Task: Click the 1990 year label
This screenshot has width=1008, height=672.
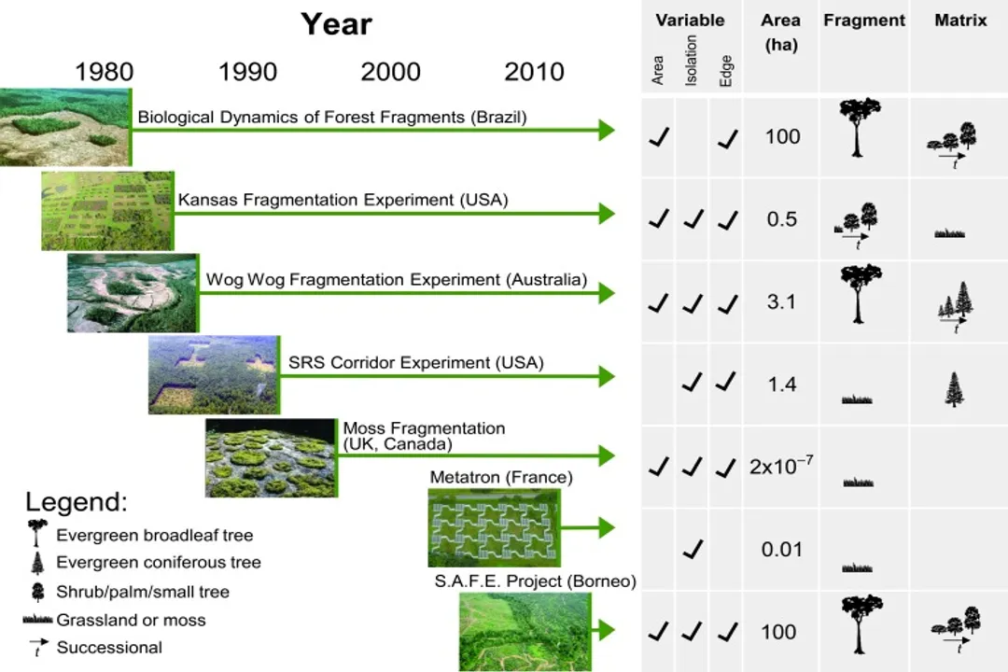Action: click(247, 72)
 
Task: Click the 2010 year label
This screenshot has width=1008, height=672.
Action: click(534, 72)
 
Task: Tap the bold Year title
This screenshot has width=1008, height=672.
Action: click(336, 24)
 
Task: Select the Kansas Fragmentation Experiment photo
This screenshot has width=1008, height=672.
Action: click(107, 211)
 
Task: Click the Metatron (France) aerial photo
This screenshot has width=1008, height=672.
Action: click(493, 527)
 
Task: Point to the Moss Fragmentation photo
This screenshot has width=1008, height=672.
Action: click(271, 457)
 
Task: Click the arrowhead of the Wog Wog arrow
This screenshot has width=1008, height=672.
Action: click(606, 293)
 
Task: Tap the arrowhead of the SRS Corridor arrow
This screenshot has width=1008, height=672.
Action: click(606, 376)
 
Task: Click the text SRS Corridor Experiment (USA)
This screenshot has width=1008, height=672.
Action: click(416, 362)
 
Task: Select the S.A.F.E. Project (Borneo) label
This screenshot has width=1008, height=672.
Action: click(535, 581)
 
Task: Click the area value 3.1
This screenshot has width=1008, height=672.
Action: click(781, 301)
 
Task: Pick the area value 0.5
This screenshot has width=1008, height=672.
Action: click(781, 219)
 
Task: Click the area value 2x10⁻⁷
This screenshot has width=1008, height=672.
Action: click(781, 466)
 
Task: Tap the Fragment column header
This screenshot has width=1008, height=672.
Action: click(864, 21)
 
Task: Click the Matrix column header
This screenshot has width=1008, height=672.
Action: click(960, 21)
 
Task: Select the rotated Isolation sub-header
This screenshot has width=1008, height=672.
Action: click(692, 62)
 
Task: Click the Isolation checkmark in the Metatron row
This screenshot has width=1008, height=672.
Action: click(692, 549)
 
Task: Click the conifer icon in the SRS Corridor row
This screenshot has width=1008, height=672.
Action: click(954, 389)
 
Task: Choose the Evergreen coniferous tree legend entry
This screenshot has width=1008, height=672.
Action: click(158, 563)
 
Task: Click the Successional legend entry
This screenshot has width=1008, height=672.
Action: click(109, 647)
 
